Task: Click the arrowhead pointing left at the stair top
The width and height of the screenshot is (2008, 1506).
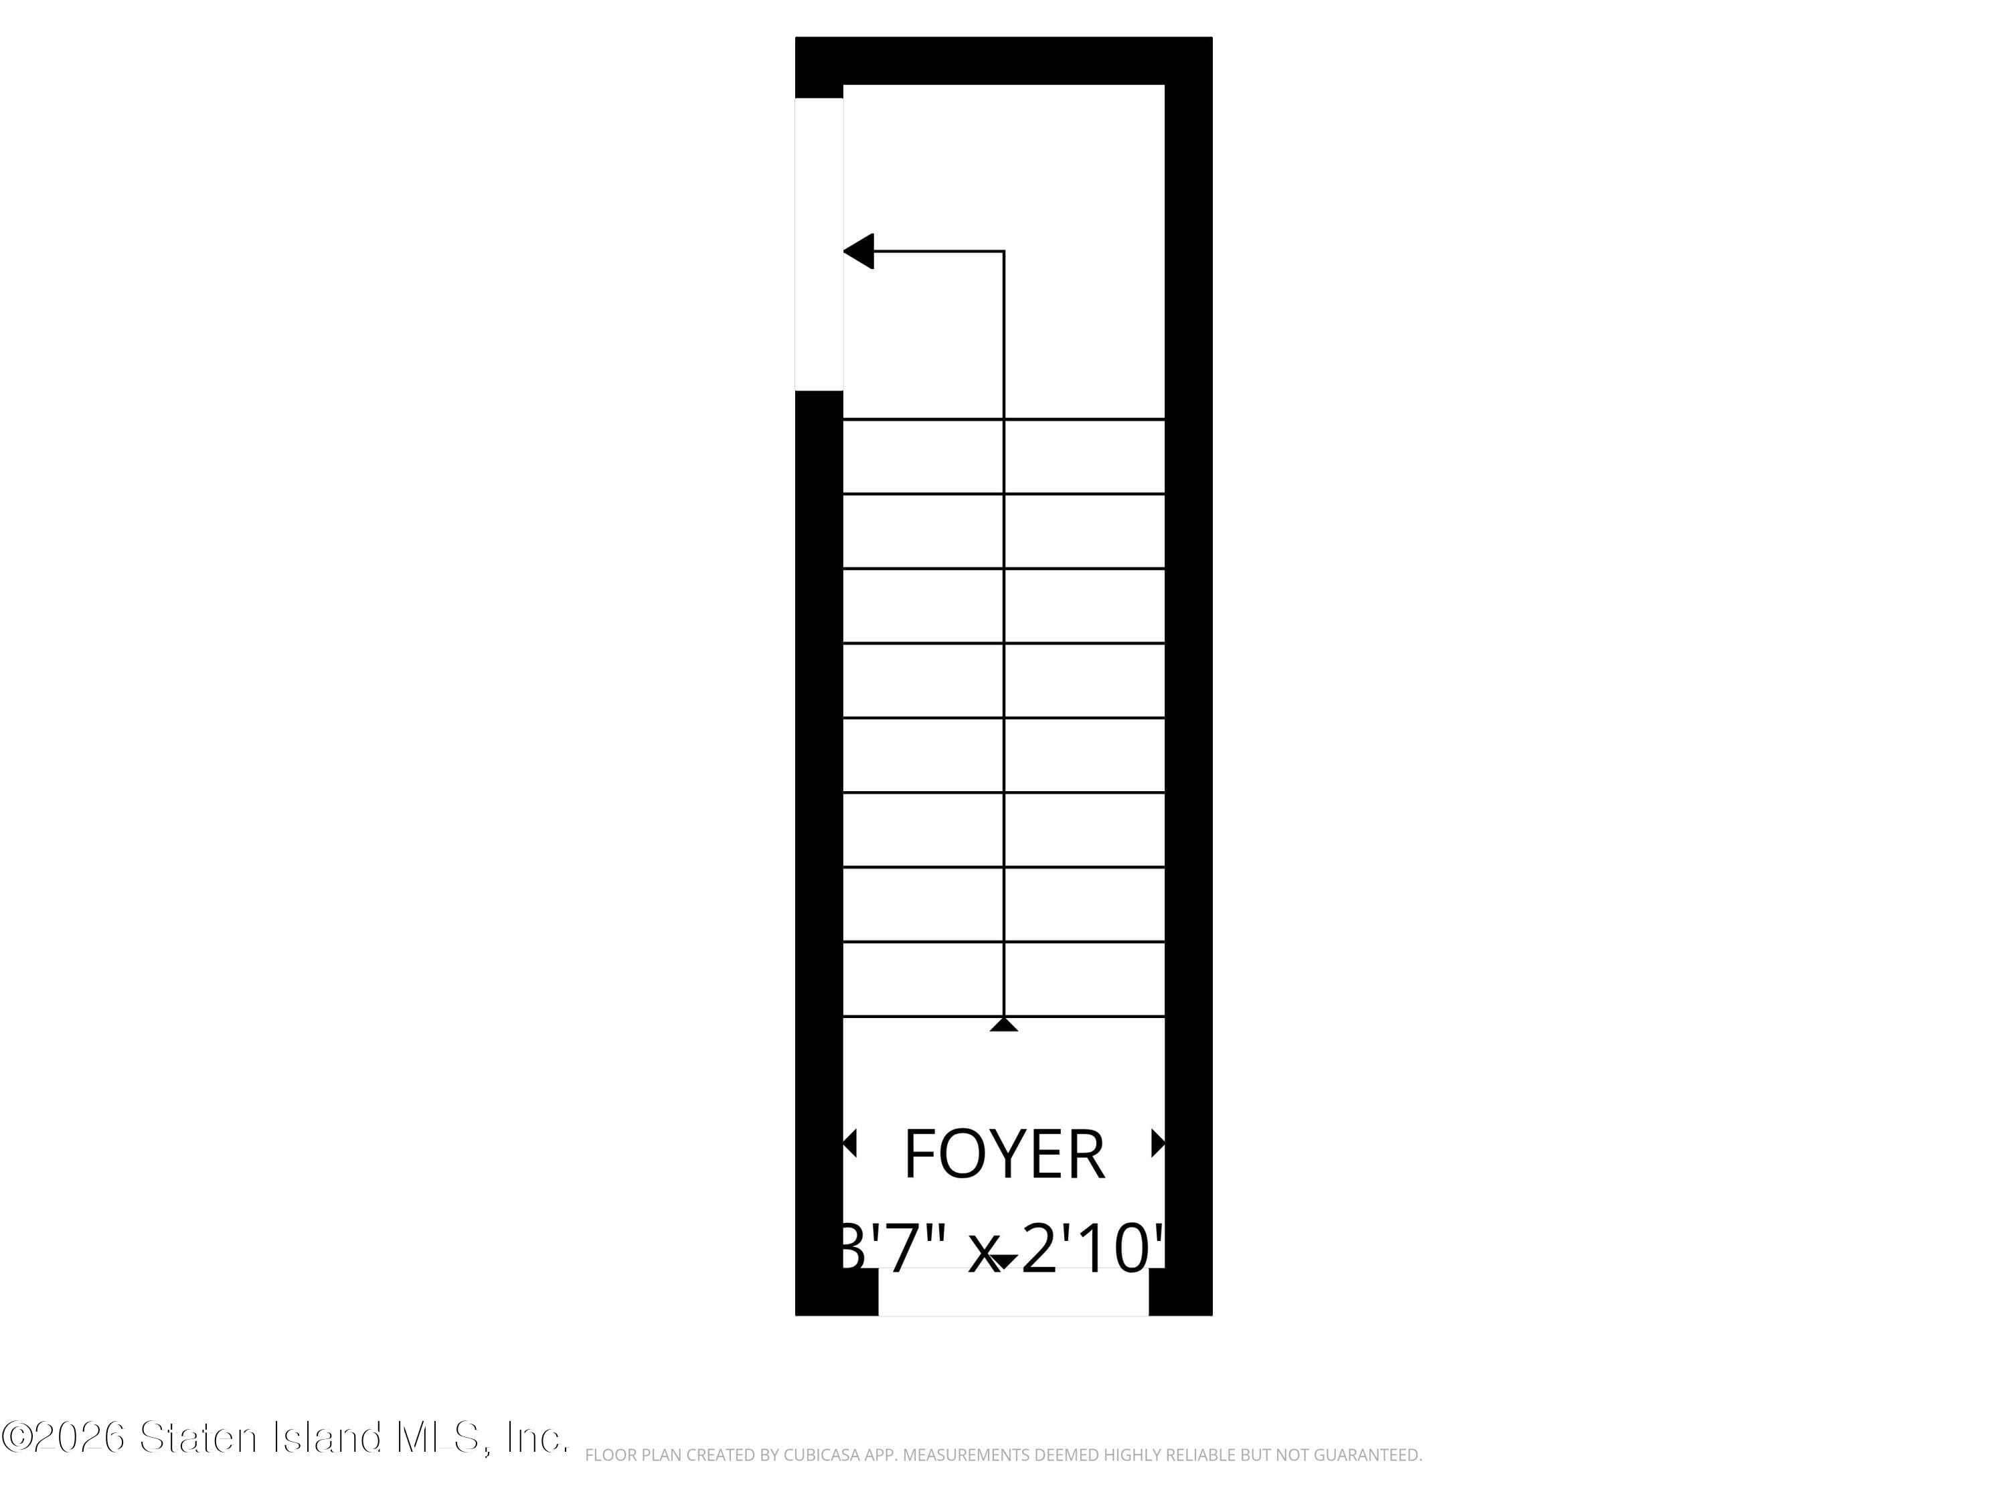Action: (x=859, y=252)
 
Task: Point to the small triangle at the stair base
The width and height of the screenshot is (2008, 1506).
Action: (x=1003, y=1024)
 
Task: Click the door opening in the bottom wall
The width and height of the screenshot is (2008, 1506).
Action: (x=1013, y=1292)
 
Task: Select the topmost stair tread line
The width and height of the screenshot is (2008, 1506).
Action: (x=1003, y=420)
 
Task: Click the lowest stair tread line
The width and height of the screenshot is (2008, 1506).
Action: (x=1003, y=1017)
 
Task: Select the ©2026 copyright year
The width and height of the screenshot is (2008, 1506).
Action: (x=64, y=1437)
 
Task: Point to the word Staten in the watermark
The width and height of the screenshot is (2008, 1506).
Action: (x=198, y=1437)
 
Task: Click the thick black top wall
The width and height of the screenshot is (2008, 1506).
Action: (x=1003, y=61)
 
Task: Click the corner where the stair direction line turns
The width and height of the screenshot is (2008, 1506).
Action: (x=1003, y=252)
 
